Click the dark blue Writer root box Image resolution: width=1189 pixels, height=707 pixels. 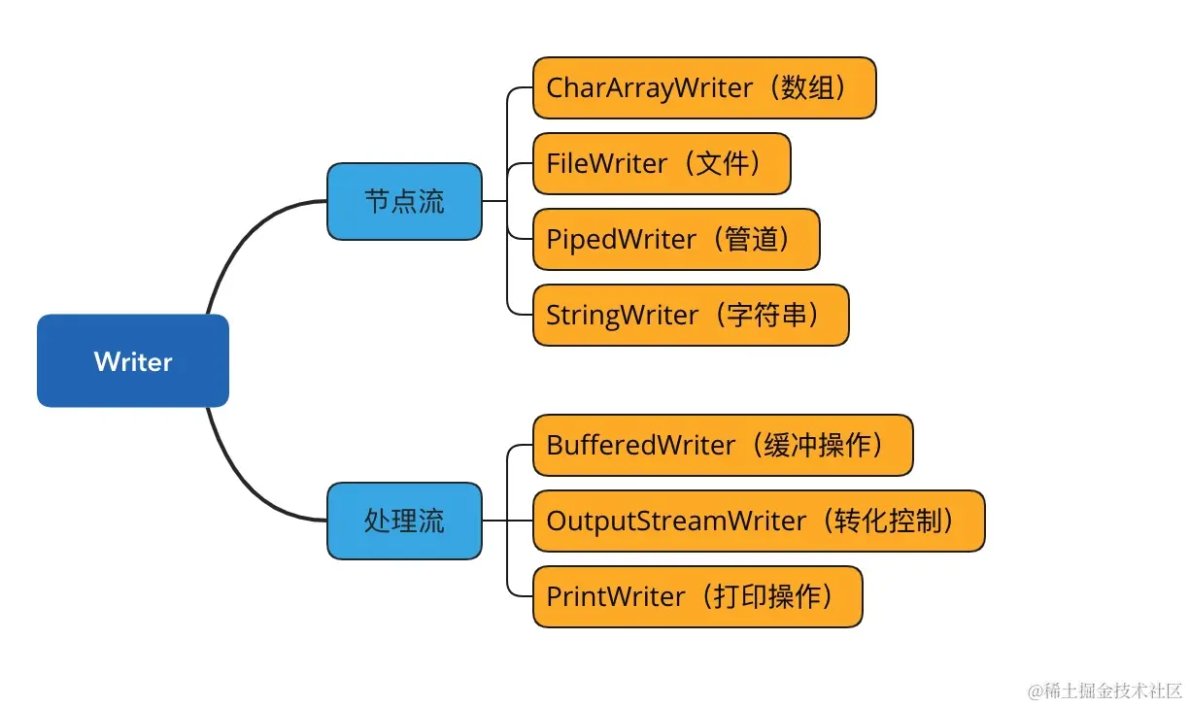[133, 361]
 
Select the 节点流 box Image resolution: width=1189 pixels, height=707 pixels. [404, 202]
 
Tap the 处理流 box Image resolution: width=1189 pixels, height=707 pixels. [404, 521]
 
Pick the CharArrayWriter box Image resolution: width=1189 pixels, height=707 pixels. [704, 87]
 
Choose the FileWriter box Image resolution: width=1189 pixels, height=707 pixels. [662, 163]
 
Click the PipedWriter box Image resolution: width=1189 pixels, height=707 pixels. [676, 239]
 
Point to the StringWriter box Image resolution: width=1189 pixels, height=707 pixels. [691, 316]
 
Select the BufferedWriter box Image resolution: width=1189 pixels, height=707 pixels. [723, 446]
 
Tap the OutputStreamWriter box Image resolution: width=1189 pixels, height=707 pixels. [759, 522]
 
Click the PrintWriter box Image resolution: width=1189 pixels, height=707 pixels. [698, 597]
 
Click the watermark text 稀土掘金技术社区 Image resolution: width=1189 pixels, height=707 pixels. [1113, 690]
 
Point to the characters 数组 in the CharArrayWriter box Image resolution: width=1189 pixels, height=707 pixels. [808, 87]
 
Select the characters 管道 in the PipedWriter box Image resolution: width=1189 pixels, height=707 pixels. [751, 239]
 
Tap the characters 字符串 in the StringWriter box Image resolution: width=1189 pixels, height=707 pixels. [767, 316]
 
